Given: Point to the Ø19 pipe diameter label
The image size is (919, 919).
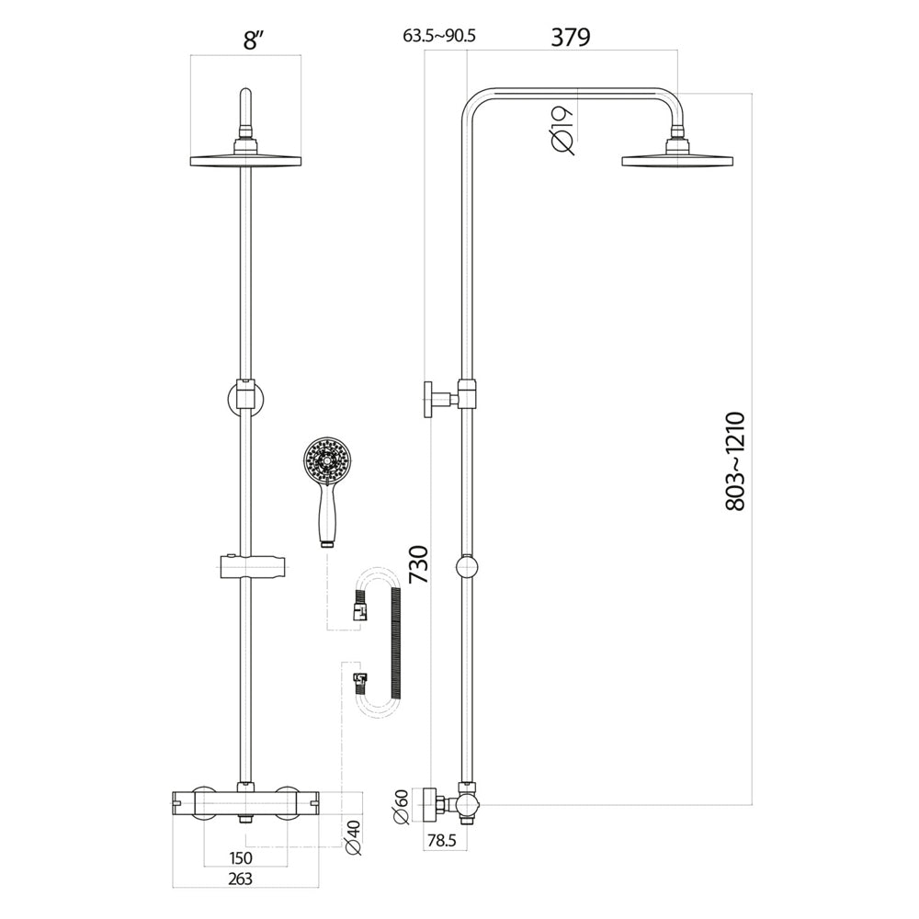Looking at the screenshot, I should click(x=563, y=128).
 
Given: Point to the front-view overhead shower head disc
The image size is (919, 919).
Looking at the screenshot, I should click(x=245, y=160).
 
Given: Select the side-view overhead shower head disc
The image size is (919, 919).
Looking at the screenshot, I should click(x=678, y=160).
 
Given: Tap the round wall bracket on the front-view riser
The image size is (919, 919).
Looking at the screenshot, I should click(x=244, y=401).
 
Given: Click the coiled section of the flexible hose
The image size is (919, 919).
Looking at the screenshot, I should click(x=396, y=643).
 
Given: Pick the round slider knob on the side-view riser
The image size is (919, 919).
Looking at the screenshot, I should click(x=469, y=566).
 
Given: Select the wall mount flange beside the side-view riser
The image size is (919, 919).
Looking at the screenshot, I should click(x=430, y=398).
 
